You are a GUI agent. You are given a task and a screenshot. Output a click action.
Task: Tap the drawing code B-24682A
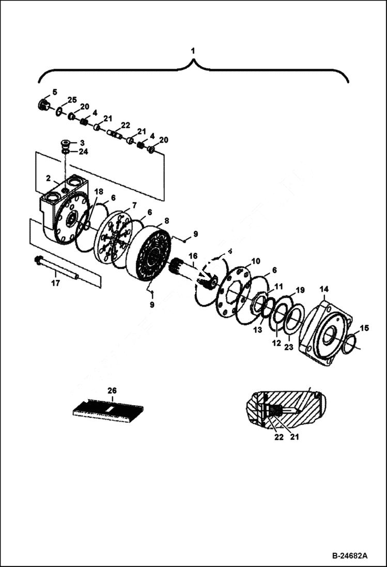(x=350, y=556)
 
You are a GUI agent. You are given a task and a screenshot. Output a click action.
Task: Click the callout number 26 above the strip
(x=112, y=391)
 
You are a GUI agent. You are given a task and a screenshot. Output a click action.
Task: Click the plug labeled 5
(x=43, y=105)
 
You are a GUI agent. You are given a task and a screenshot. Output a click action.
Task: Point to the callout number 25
(x=72, y=99)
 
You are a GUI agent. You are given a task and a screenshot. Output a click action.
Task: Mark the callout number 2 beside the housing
(x=48, y=178)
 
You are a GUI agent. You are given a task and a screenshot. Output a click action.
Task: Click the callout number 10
(x=256, y=261)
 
